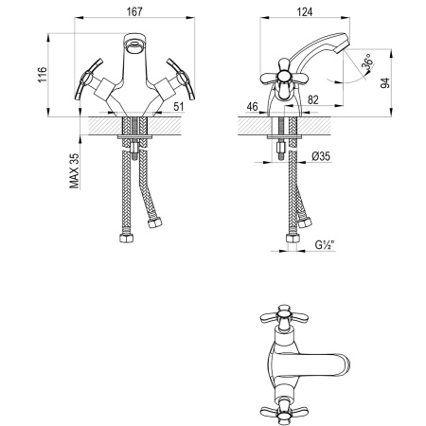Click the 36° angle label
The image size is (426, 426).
pos(363,67)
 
